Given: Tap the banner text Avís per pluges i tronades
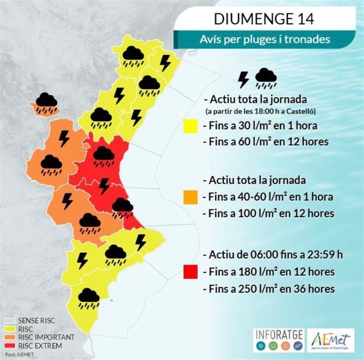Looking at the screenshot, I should pos(264,39).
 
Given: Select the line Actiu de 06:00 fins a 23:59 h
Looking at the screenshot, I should pos(270,255).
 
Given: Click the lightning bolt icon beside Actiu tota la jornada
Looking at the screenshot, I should pos(243,79).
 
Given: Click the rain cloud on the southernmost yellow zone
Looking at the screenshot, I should pos(89,299).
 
